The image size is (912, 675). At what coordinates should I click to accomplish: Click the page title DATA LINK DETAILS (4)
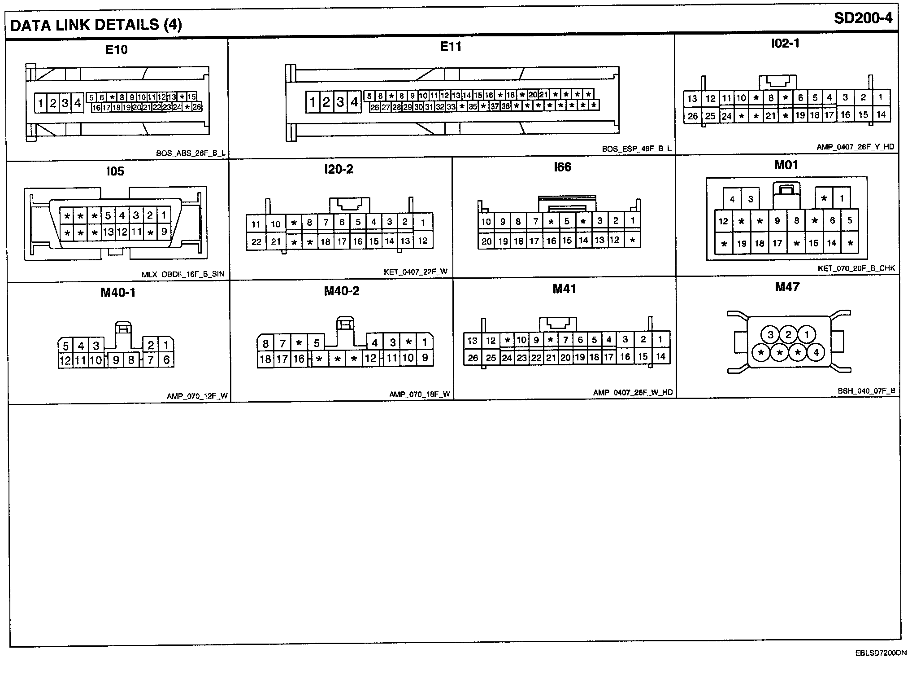(96, 25)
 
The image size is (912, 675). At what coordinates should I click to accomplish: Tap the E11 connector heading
(451, 47)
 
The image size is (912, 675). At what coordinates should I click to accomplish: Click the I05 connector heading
(115, 171)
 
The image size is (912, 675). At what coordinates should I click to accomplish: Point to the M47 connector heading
(787, 287)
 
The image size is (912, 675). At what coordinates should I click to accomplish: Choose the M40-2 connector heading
(342, 291)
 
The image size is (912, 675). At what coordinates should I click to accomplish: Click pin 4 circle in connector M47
(816, 353)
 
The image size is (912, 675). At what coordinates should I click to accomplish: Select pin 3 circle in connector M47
(770, 335)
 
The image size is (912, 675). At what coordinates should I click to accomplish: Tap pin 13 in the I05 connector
(108, 232)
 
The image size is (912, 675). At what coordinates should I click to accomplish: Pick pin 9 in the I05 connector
(164, 232)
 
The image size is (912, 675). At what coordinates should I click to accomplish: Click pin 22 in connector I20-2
(256, 242)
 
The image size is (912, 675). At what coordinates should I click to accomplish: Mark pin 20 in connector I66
(486, 241)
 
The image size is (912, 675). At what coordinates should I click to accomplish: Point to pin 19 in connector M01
(742, 244)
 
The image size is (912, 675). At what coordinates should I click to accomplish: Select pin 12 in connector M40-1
(65, 360)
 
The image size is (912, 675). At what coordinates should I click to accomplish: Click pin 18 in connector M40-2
(265, 359)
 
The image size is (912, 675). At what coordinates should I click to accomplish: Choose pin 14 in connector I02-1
(881, 114)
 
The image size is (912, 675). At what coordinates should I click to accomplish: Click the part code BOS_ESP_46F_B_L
(637, 149)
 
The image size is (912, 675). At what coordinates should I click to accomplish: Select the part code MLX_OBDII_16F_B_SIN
(183, 274)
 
